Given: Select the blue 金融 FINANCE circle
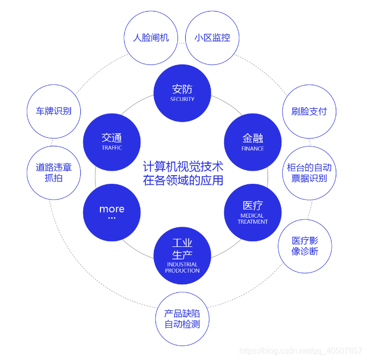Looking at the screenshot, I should coord(252,142).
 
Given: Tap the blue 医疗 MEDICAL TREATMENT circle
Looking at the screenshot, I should coord(252,212).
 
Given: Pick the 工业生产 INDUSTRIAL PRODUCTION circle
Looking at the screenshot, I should coord(182,255).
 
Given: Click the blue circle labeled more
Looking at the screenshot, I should coord(112,212).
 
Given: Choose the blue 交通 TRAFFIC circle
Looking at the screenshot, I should coord(112,142).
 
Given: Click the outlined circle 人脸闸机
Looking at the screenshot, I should coord(150,38).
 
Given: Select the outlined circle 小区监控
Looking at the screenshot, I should coord(212,38).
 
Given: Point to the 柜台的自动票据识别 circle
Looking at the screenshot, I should coord(309,173).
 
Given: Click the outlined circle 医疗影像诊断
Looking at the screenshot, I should coord(305,246).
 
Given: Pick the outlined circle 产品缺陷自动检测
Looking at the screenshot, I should coord(182,319).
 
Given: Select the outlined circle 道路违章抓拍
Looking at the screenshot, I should coord(54,173).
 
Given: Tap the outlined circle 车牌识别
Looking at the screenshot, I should coord(54,112).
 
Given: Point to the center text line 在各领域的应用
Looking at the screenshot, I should coord(183,180).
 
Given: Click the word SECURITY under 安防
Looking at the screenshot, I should coord(182,99).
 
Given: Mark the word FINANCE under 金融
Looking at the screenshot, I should coord(252,149).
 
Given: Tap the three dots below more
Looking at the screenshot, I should coord(112,218).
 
